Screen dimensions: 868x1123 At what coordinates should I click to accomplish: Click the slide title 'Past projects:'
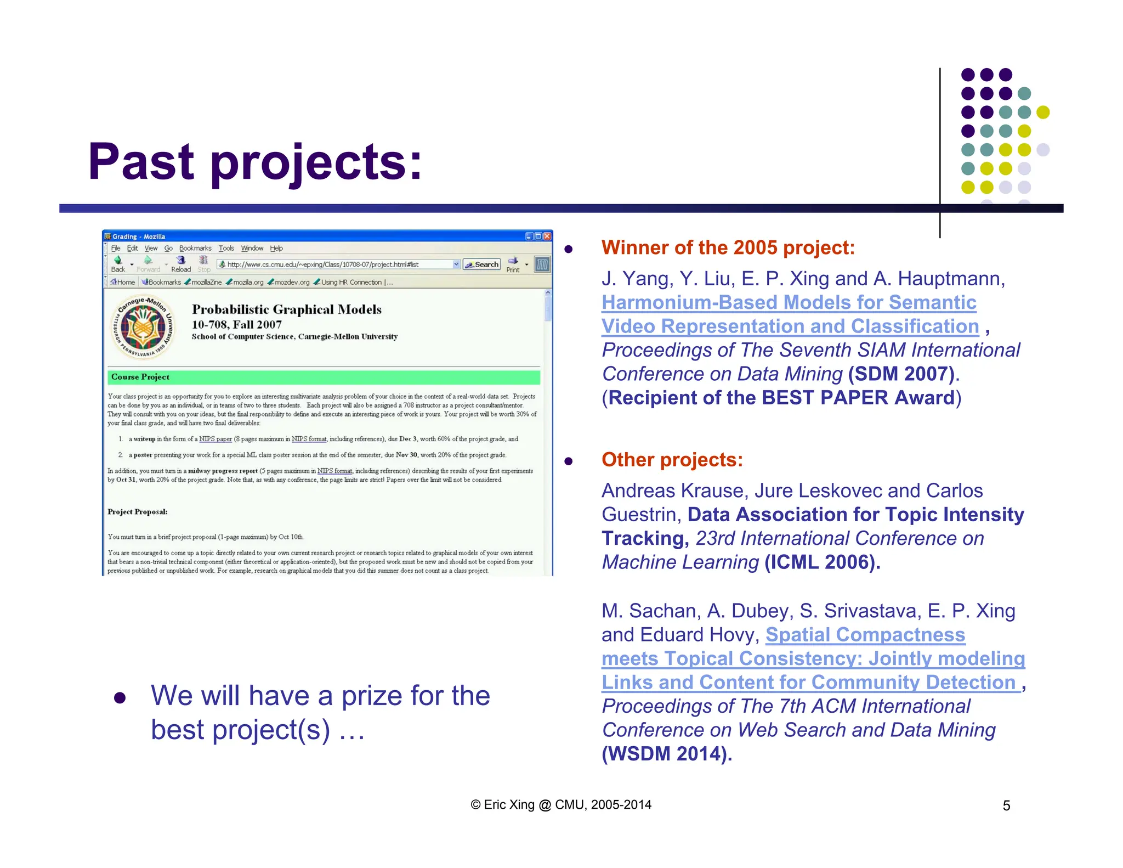pyautogui.click(x=255, y=162)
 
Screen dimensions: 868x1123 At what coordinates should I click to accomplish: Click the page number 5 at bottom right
pyautogui.click(x=1006, y=805)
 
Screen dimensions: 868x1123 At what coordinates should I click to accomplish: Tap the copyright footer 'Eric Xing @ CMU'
pyautogui.click(x=561, y=805)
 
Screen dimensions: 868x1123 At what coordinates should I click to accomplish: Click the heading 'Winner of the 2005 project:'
pyautogui.click(x=728, y=247)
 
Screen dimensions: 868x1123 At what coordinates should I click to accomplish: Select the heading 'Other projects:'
pyautogui.click(x=672, y=460)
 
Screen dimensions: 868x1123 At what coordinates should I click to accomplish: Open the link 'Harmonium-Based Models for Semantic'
pyautogui.click(x=789, y=302)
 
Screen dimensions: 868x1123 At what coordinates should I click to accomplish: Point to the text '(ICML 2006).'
pyautogui.click(x=822, y=562)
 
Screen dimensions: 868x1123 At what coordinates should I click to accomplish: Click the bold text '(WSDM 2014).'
pyautogui.click(x=666, y=754)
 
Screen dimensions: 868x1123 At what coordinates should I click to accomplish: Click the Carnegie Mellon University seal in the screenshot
pyautogui.click(x=143, y=328)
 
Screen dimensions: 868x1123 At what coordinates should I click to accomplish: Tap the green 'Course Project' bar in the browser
pyautogui.click(x=324, y=377)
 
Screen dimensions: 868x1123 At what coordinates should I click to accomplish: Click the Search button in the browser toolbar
pyautogui.click(x=481, y=264)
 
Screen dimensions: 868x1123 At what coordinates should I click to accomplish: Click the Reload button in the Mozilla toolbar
pyautogui.click(x=181, y=264)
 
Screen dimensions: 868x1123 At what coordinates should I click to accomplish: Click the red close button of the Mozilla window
pyautogui.click(x=547, y=236)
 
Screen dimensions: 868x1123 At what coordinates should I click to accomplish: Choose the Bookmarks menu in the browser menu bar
pyautogui.click(x=195, y=249)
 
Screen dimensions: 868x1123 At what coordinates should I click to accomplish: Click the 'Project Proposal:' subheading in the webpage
pyautogui.click(x=138, y=512)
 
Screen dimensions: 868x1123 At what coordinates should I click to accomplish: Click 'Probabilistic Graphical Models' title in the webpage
pyautogui.click(x=286, y=309)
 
